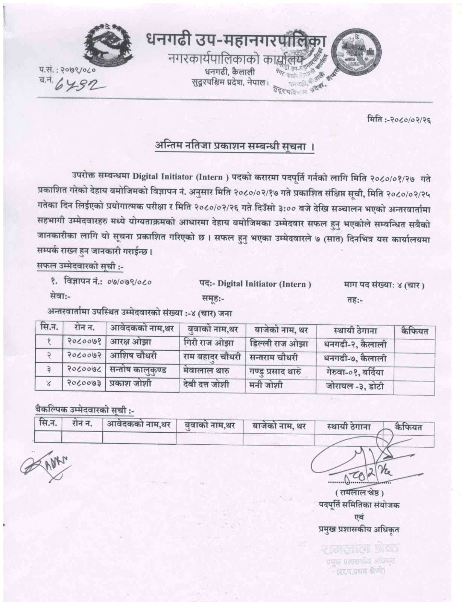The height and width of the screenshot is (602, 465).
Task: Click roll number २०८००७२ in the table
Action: point(84,356)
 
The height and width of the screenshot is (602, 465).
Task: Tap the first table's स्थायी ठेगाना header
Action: point(355,331)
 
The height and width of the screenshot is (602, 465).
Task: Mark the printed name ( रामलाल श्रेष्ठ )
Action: point(357,492)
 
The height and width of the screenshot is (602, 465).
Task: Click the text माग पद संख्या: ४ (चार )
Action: point(384,285)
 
